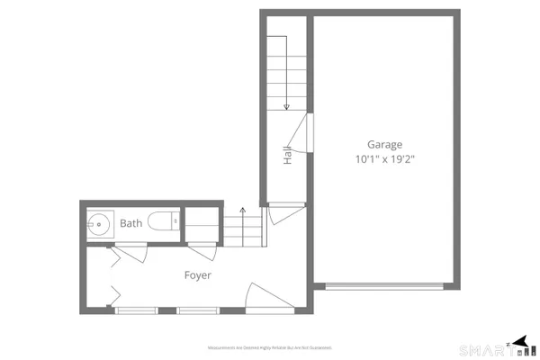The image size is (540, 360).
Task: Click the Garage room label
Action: (383, 144)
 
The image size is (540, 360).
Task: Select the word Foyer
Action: (198, 275)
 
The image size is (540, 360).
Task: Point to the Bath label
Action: (131, 223)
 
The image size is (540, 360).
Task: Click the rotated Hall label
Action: (287, 155)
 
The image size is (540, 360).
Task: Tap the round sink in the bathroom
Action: (98, 223)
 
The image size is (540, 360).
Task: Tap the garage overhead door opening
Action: (384, 286)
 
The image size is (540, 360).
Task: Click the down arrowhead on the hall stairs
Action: (286, 107)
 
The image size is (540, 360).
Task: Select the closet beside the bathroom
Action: (200, 223)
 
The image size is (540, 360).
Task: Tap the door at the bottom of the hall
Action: (281, 214)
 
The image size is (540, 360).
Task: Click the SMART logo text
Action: (481, 349)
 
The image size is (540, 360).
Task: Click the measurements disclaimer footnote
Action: (271, 347)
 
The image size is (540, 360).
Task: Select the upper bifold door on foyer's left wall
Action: (113, 259)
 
